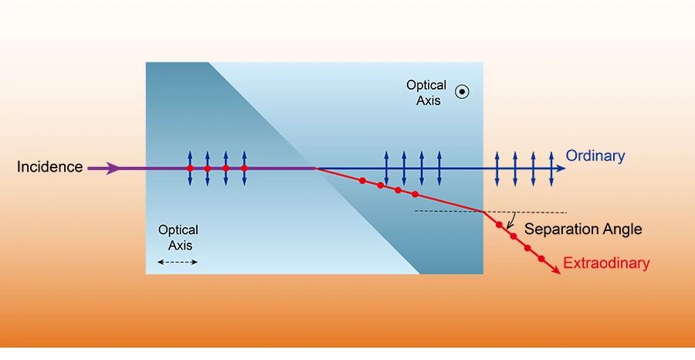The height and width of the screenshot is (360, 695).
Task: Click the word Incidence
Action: point(49,167)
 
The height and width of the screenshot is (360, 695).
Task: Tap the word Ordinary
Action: point(595,156)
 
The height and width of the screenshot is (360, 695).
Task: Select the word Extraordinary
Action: point(605,263)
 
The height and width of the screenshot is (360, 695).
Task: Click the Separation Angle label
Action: point(583,229)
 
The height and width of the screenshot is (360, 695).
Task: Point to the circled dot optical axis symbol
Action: point(462,92)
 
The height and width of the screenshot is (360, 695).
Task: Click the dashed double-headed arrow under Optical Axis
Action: point(178,262)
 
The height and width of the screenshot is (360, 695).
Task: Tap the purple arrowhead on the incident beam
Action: point(114,168)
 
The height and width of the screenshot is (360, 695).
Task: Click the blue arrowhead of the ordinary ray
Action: point(559,168)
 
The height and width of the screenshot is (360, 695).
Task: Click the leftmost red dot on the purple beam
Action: point(190,168)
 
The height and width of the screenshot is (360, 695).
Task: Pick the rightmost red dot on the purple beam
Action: point(244,168)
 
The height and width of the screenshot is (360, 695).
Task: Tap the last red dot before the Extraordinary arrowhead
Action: point(541,258)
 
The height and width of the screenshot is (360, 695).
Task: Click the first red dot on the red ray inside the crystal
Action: point(362,181)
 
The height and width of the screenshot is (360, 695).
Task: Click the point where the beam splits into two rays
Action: point(315,168)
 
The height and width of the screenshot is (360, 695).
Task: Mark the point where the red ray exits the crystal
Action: point(483,211)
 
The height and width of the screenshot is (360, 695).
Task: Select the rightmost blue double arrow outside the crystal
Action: point(551,167)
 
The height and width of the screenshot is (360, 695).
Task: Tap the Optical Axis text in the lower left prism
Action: point(178,237)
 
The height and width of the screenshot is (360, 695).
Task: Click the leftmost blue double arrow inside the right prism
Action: point(385,168)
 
